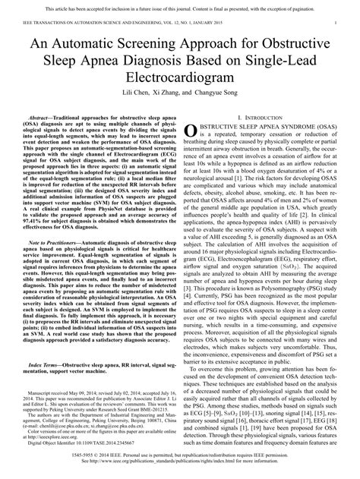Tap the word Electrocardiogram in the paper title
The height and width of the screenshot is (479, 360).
(179, 91)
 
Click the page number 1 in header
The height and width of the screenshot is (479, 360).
(335, 24)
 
